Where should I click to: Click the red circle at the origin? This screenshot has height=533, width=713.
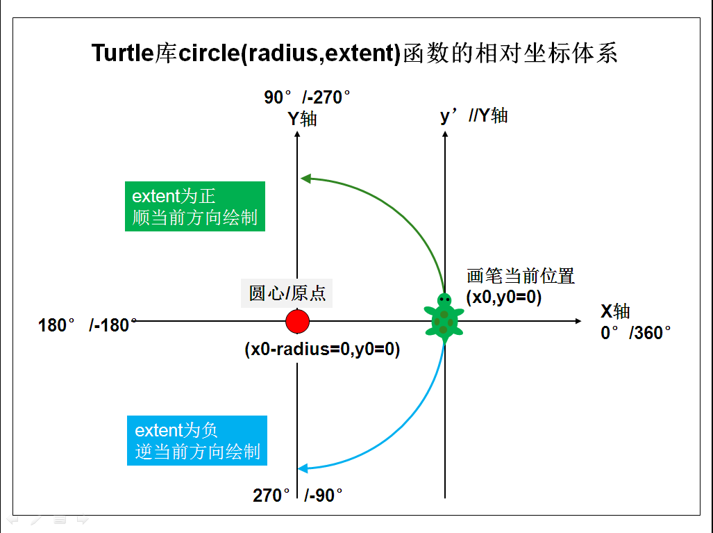[297, 321]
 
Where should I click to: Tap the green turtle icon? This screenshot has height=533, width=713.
[444, 316]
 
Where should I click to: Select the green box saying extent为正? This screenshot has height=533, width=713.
[194, 206]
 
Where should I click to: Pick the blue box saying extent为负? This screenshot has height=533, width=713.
[197, 441]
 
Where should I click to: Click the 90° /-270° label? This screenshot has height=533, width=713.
[307, 97]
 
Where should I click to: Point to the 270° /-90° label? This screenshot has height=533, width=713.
[298, 495]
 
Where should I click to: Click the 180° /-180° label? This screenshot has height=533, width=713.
[87, 325]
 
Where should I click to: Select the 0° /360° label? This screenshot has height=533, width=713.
[636, 333]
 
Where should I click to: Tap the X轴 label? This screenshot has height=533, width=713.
[615, 311]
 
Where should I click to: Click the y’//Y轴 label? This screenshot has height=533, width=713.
[474, 115]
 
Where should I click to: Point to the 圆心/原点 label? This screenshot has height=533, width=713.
[287, 293]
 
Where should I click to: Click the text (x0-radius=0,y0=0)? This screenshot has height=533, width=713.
[322, 349]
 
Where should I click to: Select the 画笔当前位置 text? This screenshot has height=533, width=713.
[521, 276]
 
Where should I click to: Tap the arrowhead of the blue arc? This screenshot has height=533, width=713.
[303, 468]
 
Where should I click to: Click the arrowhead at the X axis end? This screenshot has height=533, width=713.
[578, 321]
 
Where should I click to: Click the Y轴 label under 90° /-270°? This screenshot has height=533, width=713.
[303, 119]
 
